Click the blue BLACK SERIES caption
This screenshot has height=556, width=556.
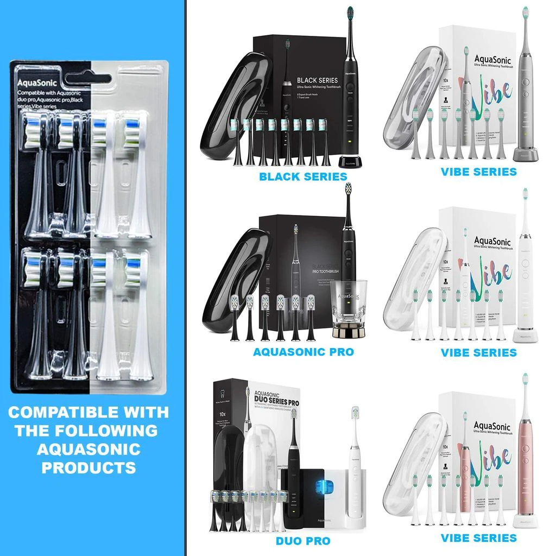tap(302, 176)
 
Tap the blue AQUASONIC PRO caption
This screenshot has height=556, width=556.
tap(303, 352)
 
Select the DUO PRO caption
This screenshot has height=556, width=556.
tap(303, 541)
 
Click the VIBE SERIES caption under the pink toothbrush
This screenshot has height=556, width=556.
tap(478, 538)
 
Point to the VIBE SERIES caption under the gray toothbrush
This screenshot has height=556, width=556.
tap(478, 172)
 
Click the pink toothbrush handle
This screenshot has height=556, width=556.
tap(525, 467)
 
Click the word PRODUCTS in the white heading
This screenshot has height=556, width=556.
tap(89, 467)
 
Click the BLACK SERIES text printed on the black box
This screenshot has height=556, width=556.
tap(317, 80)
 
